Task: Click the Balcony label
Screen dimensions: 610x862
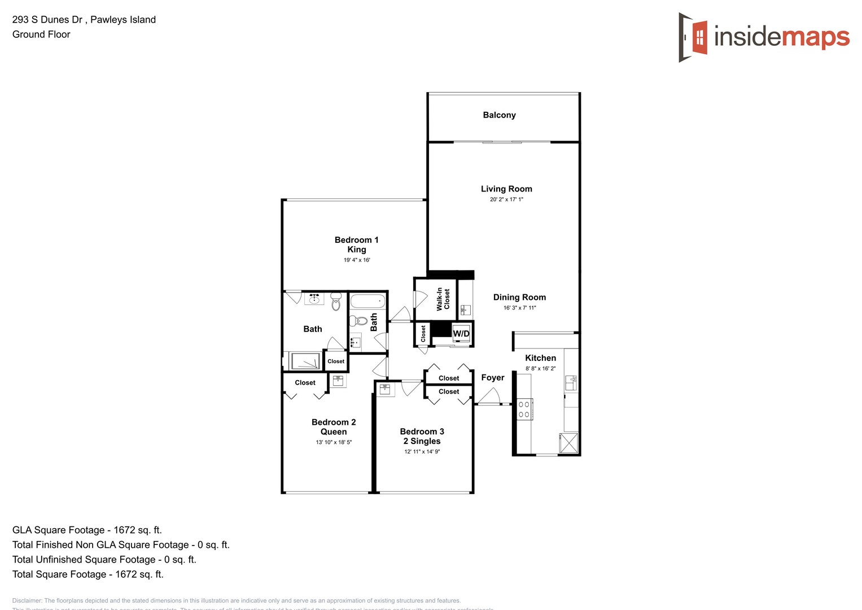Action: (499, 115)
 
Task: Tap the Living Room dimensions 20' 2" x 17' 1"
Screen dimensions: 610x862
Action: (506, 199)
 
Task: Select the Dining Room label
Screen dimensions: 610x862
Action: (519, 297)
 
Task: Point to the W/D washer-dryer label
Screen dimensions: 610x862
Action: (461, 334)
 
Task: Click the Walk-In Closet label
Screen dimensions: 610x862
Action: (443, 299)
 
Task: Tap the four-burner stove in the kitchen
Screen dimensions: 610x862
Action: (524, 409)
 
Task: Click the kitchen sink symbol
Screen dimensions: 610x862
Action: (571, 383)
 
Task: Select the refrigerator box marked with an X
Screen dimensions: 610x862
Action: (568, 443)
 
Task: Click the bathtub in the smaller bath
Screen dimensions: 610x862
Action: (367, 300)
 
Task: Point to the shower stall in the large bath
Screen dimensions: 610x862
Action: (305, 361)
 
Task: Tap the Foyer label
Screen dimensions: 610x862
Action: (492, 378)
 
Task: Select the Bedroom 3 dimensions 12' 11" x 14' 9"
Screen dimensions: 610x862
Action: (422, 452)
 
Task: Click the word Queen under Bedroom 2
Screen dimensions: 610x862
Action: (334, 432)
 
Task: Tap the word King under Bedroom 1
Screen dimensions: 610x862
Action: (356, 250)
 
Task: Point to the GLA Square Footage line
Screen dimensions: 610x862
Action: (87, 530)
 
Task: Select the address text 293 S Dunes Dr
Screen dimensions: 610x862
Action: (47, 20)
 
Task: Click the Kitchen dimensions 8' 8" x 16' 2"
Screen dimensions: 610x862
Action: (540, 369)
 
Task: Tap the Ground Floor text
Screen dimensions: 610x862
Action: (41, 34)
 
